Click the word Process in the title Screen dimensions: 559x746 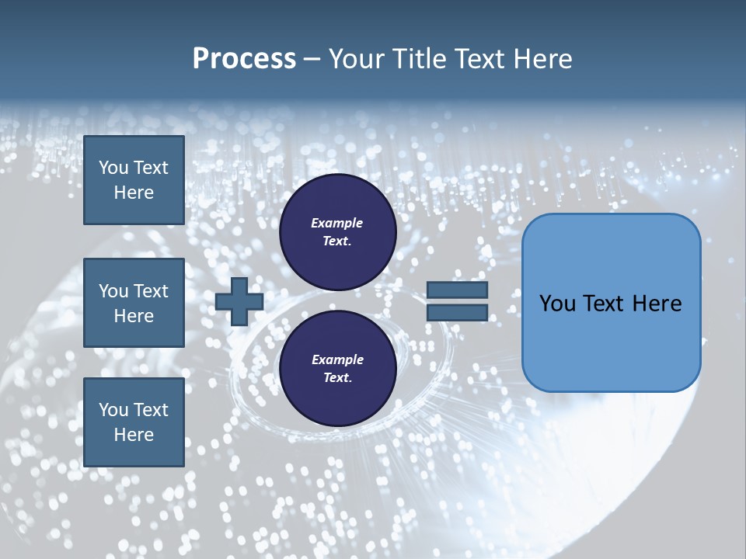pyautogui.click(x=244, y=59)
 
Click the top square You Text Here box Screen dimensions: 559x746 pyautogui.click(x=134, y=180)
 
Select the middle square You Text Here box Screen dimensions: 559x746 pyautogui.click(x=134, y=303)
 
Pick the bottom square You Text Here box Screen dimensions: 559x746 pyautogui.click(x=134, y=422)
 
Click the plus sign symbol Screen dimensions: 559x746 pyautogui.click(x=239, y=302)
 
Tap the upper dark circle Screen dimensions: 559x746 pyautogui.click(x=337, y=232)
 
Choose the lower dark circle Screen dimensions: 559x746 pyautogui.click(x=337, y=369)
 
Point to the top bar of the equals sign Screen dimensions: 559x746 pyautogui.click(x=457, y=290)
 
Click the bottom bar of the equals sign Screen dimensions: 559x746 pyautogui.click(x=457, y=313)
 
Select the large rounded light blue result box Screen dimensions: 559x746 pyautogui.click(x=611, y=302)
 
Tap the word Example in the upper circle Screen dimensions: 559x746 pyautogui.click(x=337, y=223)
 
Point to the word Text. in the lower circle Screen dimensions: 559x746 pyautogui.click(x=337, y=378)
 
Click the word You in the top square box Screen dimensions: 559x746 pyautogui.click(x=113, y=168)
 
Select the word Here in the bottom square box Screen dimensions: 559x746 pyautogui.click(x=134, y=435)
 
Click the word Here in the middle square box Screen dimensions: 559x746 pyautogui.click(x=134, y=316)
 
